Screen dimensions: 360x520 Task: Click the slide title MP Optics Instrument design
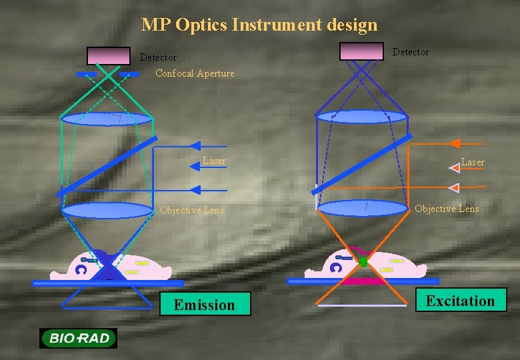pos(259,25)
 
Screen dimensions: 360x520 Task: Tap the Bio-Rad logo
pos(78,338)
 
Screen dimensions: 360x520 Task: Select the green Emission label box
pos(205,305)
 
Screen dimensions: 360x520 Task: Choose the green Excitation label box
pos(461,301)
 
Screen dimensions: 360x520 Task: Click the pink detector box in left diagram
pos(109,55)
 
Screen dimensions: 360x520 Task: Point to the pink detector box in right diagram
pos(361,51)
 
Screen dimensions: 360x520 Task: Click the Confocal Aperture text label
pos(195,73)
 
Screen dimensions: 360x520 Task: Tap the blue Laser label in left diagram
pos(214,161)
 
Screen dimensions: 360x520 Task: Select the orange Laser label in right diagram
pos(473,162)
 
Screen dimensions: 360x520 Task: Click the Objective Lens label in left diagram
pos(192,210)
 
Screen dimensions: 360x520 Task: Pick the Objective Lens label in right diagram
pos(447,209)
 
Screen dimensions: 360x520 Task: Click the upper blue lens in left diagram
pos(107,119)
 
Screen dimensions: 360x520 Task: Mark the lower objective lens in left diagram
pos(107,211)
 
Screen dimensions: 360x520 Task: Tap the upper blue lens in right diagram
pos(361,117)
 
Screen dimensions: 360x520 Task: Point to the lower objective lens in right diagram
pos(362,208)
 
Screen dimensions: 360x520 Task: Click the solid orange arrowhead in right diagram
pos(454,143)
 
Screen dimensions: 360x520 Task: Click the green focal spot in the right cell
pos(363,262)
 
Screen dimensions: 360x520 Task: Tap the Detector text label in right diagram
pos(411,52)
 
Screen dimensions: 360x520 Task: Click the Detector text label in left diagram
pos(158,58)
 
